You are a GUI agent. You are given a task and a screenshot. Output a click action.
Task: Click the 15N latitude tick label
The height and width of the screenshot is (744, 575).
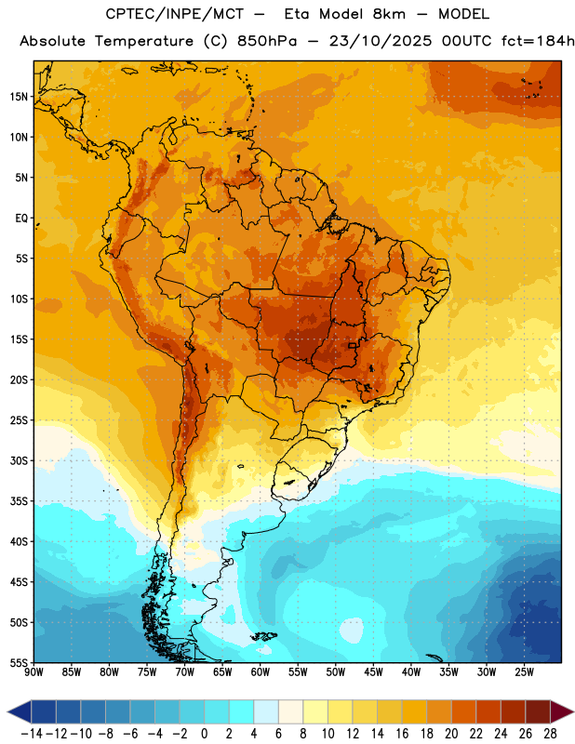pos(19,97)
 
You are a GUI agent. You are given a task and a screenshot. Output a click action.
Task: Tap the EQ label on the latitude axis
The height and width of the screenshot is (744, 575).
pos(21,219)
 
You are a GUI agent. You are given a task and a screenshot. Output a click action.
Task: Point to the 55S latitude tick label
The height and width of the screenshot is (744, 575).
pos(19,663)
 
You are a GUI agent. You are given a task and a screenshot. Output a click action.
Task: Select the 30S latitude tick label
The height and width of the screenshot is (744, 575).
pos(19,460)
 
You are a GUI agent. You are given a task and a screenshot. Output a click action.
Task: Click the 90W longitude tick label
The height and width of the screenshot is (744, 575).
pos(33,672)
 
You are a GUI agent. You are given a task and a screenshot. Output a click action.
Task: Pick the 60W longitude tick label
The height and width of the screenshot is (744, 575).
pos(261,672)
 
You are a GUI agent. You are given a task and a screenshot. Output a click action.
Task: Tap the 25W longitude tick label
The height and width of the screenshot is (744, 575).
pos(524,672)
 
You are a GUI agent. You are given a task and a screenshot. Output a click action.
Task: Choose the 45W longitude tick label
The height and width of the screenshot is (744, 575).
pos(373,672)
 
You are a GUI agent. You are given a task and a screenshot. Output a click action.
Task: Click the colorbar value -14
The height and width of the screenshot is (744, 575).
pos(32,734)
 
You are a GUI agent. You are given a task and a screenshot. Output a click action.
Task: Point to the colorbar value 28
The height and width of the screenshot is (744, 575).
pos(550,734)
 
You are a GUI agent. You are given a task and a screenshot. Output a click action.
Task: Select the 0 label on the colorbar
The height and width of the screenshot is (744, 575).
pos(204,734)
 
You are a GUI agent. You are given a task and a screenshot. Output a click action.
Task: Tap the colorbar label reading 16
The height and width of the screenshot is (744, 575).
pos(402,734)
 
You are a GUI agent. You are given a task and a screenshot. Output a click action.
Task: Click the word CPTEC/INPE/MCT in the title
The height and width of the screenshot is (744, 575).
pos(174,14)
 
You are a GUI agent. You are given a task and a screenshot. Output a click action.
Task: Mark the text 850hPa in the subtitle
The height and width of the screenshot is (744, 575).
pos(267,41)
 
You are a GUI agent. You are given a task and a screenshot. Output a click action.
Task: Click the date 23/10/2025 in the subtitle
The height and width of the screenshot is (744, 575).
pos(381,41)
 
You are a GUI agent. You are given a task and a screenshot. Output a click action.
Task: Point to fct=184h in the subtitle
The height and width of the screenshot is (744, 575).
pos(538,41)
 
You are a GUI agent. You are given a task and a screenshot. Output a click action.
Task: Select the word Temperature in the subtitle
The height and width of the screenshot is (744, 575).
pos(144,41)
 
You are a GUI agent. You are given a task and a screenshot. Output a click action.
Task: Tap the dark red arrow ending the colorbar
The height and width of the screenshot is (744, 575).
pos(562,712)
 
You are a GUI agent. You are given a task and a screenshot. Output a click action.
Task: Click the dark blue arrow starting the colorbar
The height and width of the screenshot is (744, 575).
pos(19,712)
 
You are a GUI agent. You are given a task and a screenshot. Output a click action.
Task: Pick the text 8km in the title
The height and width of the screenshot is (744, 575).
pos(389,14)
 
